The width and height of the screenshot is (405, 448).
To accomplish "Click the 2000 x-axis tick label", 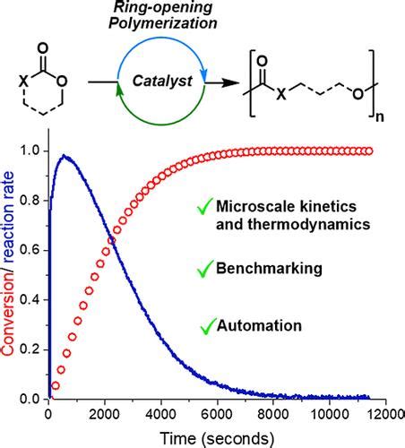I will [x=105, y=413].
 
